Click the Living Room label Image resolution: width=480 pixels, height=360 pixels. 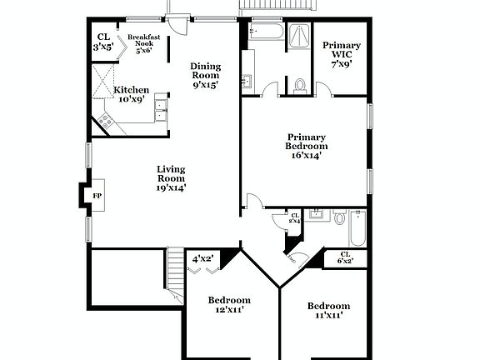point(171,178)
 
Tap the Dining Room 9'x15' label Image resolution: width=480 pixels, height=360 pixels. point(205,76)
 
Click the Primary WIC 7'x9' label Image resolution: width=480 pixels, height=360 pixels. point(342,54)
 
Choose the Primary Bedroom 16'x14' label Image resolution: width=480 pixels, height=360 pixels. point(306,145)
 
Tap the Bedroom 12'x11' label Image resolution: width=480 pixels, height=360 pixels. point(229,306)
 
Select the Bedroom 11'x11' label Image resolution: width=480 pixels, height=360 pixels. point(328,311)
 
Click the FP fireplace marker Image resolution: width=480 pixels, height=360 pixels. point(97,196)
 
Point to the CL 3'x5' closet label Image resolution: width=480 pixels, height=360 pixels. point(103,42)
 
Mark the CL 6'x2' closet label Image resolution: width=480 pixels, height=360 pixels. point(345,257)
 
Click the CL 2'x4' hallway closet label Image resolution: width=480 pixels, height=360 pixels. point(294,218)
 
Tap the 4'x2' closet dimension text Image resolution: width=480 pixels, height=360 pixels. point(202,259)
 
